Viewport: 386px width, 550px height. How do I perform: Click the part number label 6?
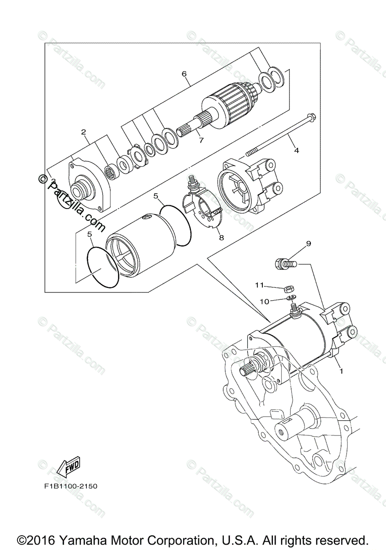[184, 74]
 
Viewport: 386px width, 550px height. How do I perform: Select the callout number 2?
[83, 132]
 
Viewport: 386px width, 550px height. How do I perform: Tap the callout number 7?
[201, 141]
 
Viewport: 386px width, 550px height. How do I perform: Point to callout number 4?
[296, 150]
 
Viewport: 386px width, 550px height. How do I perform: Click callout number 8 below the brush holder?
[221, 237]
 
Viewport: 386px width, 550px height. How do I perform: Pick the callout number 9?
[308, 243]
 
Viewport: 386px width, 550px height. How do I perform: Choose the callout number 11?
[260, 285]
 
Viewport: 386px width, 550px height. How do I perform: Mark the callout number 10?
[264, 301]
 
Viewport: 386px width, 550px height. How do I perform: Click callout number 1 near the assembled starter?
[341, 371]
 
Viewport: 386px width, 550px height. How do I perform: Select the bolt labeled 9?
[285, 264]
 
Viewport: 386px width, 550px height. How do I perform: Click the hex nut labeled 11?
[288, 289]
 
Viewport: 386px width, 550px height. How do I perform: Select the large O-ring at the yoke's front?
[103, 267]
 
